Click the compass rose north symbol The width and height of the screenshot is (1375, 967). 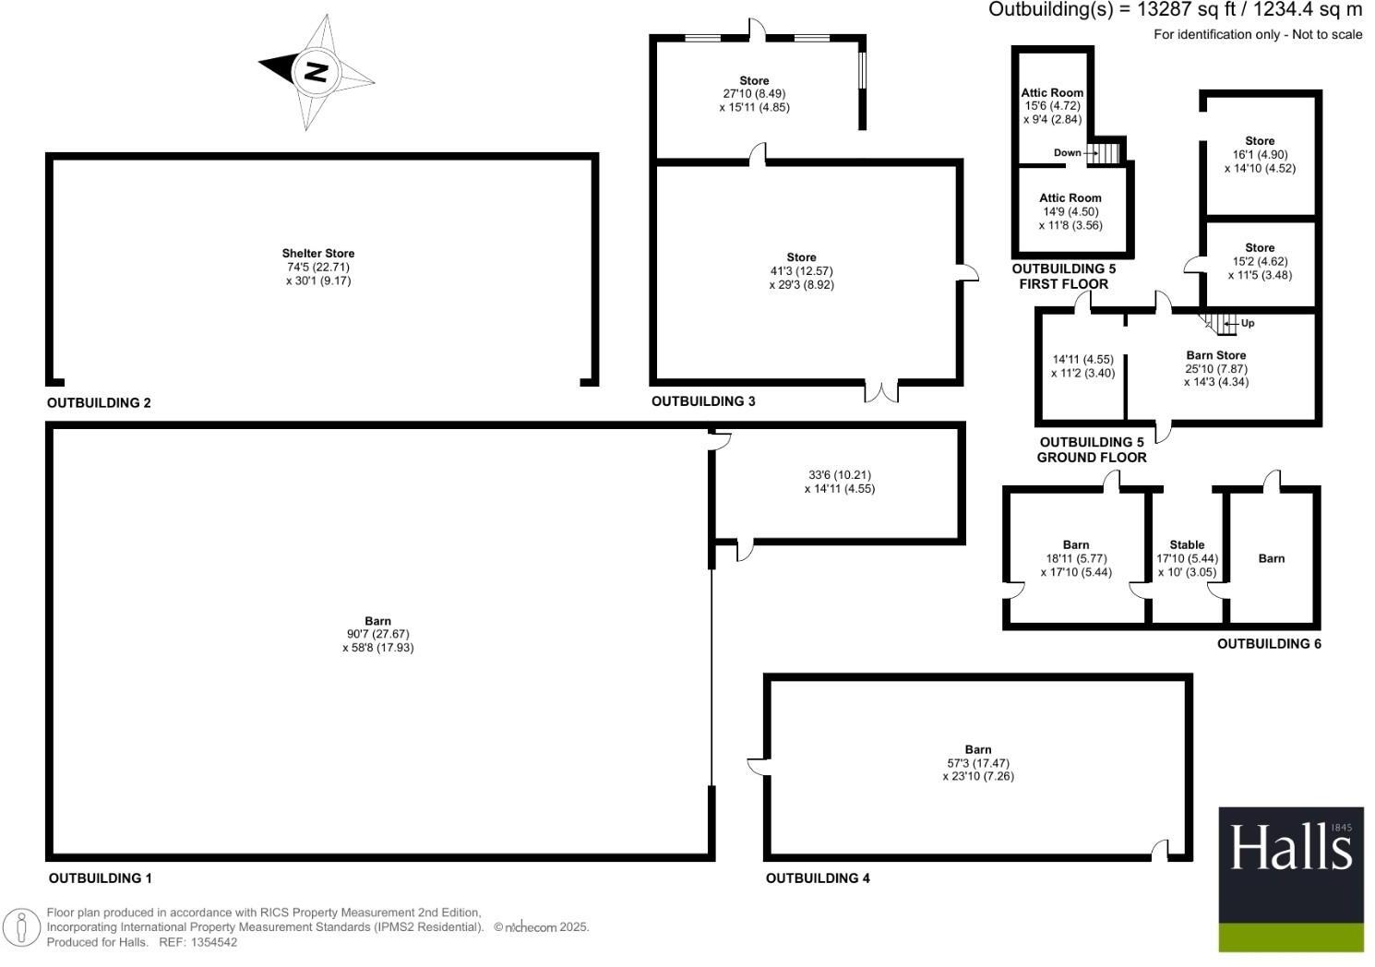316,71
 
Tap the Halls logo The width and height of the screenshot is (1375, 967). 1291,878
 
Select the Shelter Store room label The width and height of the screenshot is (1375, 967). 318,253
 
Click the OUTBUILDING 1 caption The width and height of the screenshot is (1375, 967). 100,878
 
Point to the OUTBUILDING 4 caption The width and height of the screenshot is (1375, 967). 818,878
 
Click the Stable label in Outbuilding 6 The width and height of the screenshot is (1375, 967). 1187,545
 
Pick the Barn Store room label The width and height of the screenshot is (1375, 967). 1215,355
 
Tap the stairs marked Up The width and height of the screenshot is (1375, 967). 1221,324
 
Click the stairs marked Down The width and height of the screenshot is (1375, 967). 1106,152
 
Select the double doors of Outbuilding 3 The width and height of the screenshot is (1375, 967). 881,392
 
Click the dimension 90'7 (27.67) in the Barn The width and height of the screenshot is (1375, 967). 377,635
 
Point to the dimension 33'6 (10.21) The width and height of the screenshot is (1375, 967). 839,475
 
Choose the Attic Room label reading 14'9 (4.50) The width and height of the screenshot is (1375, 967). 1070,198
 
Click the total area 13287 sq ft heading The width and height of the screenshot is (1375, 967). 1175,10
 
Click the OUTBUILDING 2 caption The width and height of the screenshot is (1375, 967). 99,403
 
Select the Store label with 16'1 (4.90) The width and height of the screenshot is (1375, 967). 1260,141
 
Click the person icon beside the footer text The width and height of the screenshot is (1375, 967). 22,927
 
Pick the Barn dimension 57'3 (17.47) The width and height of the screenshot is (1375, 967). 978,764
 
